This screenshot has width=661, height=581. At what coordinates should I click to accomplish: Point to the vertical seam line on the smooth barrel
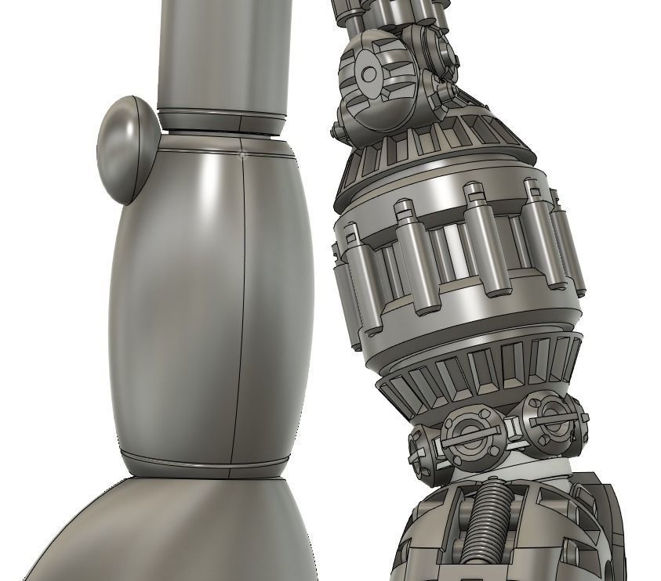242,313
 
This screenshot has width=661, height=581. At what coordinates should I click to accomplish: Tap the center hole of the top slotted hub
369,75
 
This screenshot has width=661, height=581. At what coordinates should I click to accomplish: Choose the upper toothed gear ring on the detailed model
439,141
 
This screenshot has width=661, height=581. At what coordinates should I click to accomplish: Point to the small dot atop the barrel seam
243,154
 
